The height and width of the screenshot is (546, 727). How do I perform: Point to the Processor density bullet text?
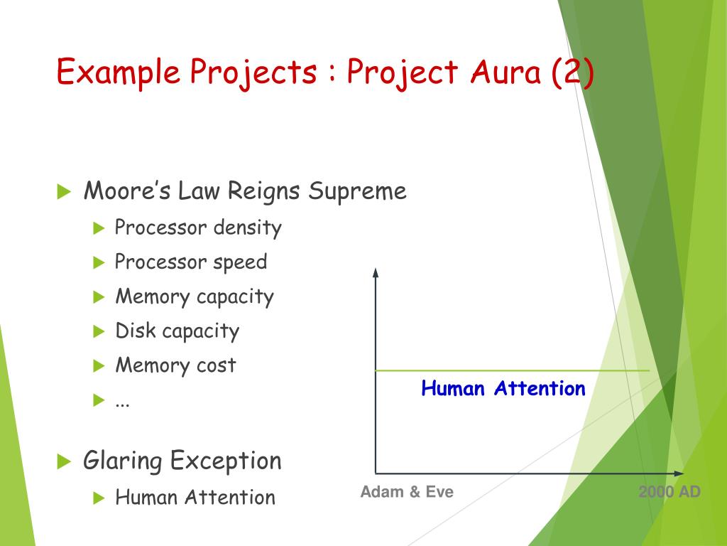click(x=198, y=227)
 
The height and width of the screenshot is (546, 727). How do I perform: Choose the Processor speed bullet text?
click(x=191, y=262)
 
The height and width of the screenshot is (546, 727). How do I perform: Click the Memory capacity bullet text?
click(x=195, y=296)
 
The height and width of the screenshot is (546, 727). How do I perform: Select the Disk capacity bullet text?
click(x=177, y=331)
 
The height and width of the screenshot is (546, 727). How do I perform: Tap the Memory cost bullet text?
click(x=175, y=365)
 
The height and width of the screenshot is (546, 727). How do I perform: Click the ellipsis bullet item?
click(x=122, y=402)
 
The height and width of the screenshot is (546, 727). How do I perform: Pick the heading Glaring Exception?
click(x=182, y=461)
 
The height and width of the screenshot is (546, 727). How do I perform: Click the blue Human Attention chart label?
click(x=503, y=388)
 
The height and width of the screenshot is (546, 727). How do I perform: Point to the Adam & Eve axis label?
click(x=407, y=492)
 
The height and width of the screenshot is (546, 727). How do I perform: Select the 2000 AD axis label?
click(x=669, y=492)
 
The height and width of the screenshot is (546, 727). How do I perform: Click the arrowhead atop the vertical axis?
click(x=376, y=272)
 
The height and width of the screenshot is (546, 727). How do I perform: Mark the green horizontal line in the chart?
click(x=511, y=370)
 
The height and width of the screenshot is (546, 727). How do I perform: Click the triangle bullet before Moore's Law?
click(x=65, y=191)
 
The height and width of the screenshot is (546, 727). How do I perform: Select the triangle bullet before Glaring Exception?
click(x=65, y=461)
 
